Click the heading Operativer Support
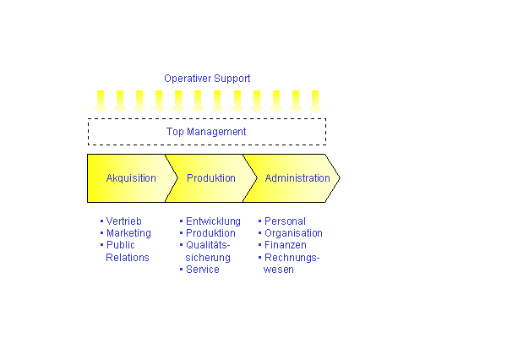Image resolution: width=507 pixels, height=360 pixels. tap(207, 79)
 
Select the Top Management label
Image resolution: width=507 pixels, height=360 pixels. tap(206, 132)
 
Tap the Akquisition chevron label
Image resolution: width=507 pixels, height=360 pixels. tap(131, 178)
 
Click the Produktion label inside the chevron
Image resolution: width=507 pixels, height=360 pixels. tap(210, 178)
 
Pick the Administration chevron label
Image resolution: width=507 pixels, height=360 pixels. tap(297, 178)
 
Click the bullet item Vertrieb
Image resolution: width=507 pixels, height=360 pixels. tap(124, 221)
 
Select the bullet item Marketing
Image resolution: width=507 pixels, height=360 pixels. tap(128, 233)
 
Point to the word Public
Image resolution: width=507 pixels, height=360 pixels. tap(120, 245)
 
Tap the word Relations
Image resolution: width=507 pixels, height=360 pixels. tap(128, 258)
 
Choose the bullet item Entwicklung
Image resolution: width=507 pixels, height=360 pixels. tap(213, 221)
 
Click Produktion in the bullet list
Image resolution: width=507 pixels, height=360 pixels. tap(210, 233)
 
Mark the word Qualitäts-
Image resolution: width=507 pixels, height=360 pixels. tap(208, 245)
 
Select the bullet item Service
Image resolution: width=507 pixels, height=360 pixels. tap(203, 270)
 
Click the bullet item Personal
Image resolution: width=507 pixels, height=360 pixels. tap(285, 221)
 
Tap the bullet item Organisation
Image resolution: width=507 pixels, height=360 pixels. tap(293, 233)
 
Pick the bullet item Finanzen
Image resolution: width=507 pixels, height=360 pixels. tap(286, 245)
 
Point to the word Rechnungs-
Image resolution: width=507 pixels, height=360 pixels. tap(292, 258)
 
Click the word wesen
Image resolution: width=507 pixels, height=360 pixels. tap(278, 270)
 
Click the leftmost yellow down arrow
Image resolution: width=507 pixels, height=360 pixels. tap(101, 102)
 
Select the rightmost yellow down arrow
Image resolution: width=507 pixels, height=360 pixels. tap(315, 102)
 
